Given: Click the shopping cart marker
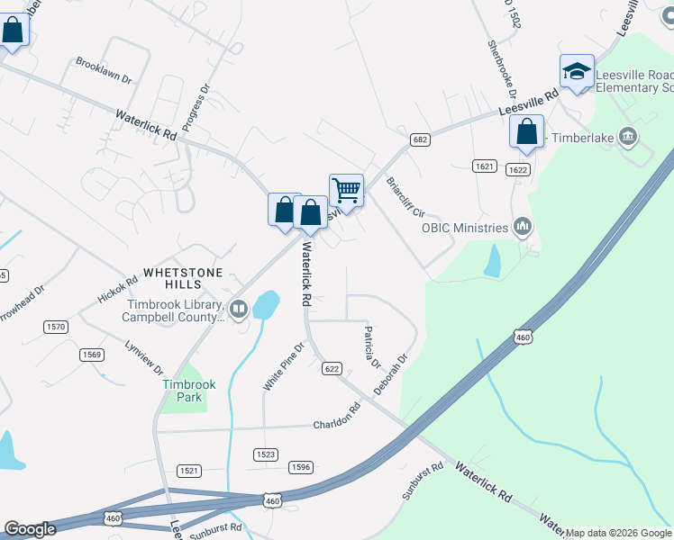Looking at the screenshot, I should coord(346,191).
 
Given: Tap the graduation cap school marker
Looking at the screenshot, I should coord(577,71).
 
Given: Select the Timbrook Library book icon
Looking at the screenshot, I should coord(239,310).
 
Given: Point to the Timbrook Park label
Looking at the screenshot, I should coord(189,391).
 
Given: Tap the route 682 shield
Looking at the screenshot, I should coord(419,139).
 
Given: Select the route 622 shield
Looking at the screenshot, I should coord(332,368).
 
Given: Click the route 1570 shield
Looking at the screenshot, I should coord(56,327).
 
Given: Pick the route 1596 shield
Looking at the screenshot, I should coord(300,467).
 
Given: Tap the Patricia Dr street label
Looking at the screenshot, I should coord(370,344).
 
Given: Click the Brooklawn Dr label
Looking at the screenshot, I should coord(104,72).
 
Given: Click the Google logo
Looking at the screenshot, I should coord(31,529).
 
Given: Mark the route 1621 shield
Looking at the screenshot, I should coord(484,166).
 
